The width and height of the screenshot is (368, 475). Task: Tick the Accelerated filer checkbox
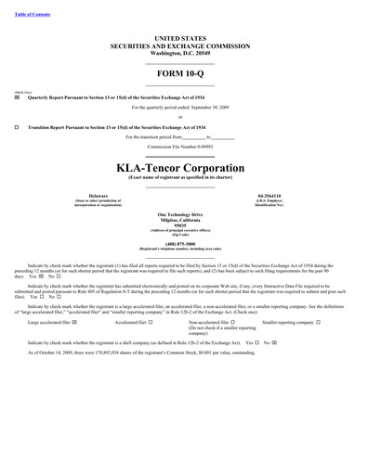[x=151, y=322]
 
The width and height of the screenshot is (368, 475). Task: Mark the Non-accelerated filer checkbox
[x=232, y=322]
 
